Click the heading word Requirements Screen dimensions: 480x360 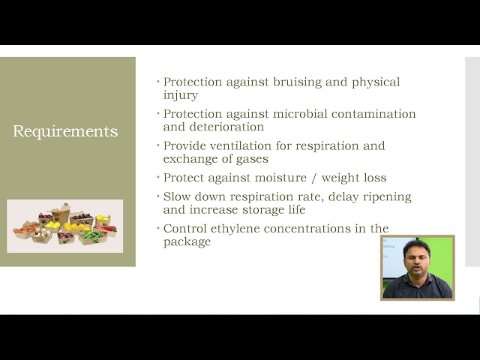coord(65,131)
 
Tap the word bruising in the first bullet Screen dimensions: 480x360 coord(297,82)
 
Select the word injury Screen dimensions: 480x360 coord(181,95)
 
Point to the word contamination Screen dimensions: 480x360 coord(373,114)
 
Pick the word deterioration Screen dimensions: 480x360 coord(226,127)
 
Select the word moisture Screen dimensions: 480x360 coord(280,178)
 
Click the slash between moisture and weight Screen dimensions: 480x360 coord(313,178)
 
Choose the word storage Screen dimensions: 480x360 coord(263,210)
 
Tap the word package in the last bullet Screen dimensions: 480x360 coord(187,241)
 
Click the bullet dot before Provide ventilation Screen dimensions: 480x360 coord(158,145)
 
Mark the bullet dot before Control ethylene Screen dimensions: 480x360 coord(158,228)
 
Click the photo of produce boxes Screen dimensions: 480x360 coord(65,226)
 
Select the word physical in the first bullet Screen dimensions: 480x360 coord(376,82)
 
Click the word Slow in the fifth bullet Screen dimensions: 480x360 coord(177,196)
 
